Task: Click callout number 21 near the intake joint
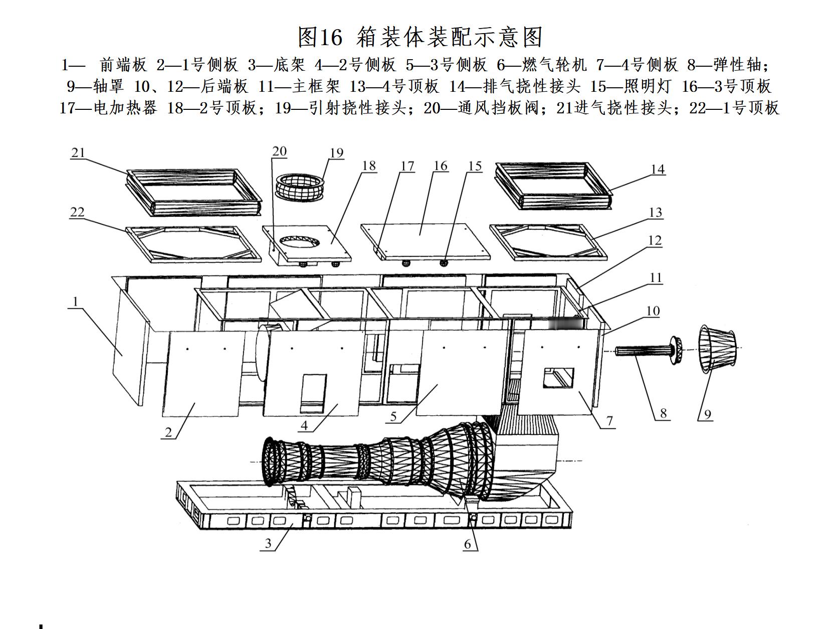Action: pos(78,152)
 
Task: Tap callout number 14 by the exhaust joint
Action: pos(658,170)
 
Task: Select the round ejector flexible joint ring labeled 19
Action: pos(300,188)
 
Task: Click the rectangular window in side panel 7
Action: pos(558,378)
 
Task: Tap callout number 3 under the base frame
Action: pos(268,543)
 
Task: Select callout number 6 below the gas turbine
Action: pos(468,544)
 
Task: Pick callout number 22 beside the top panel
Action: pos(77,212)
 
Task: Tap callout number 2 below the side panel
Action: pos(168,432)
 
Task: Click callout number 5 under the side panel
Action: pos(393,416)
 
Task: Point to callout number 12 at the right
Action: pos(655,241)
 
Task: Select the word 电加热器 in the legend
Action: pos(125,108)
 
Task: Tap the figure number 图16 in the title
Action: pos(320,37)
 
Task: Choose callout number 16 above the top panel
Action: pos(441,166)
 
